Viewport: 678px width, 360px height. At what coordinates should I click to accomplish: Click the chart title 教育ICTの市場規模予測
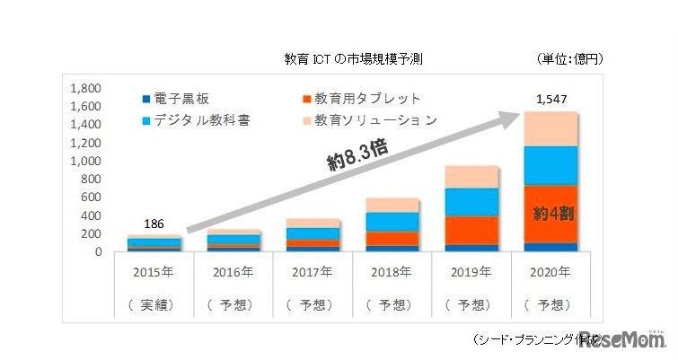point(352,60)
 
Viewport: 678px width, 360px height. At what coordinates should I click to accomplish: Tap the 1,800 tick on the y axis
point(95,89)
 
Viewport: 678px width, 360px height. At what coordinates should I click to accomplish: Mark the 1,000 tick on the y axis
point(95,162)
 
